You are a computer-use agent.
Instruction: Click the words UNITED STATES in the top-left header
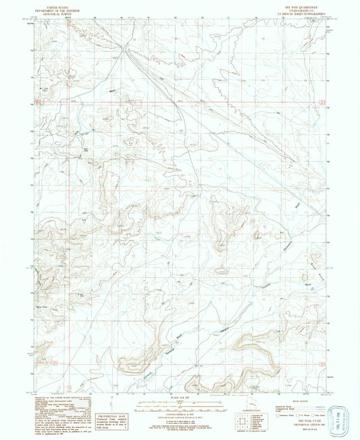pyautogui.click(x=49, y=3)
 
